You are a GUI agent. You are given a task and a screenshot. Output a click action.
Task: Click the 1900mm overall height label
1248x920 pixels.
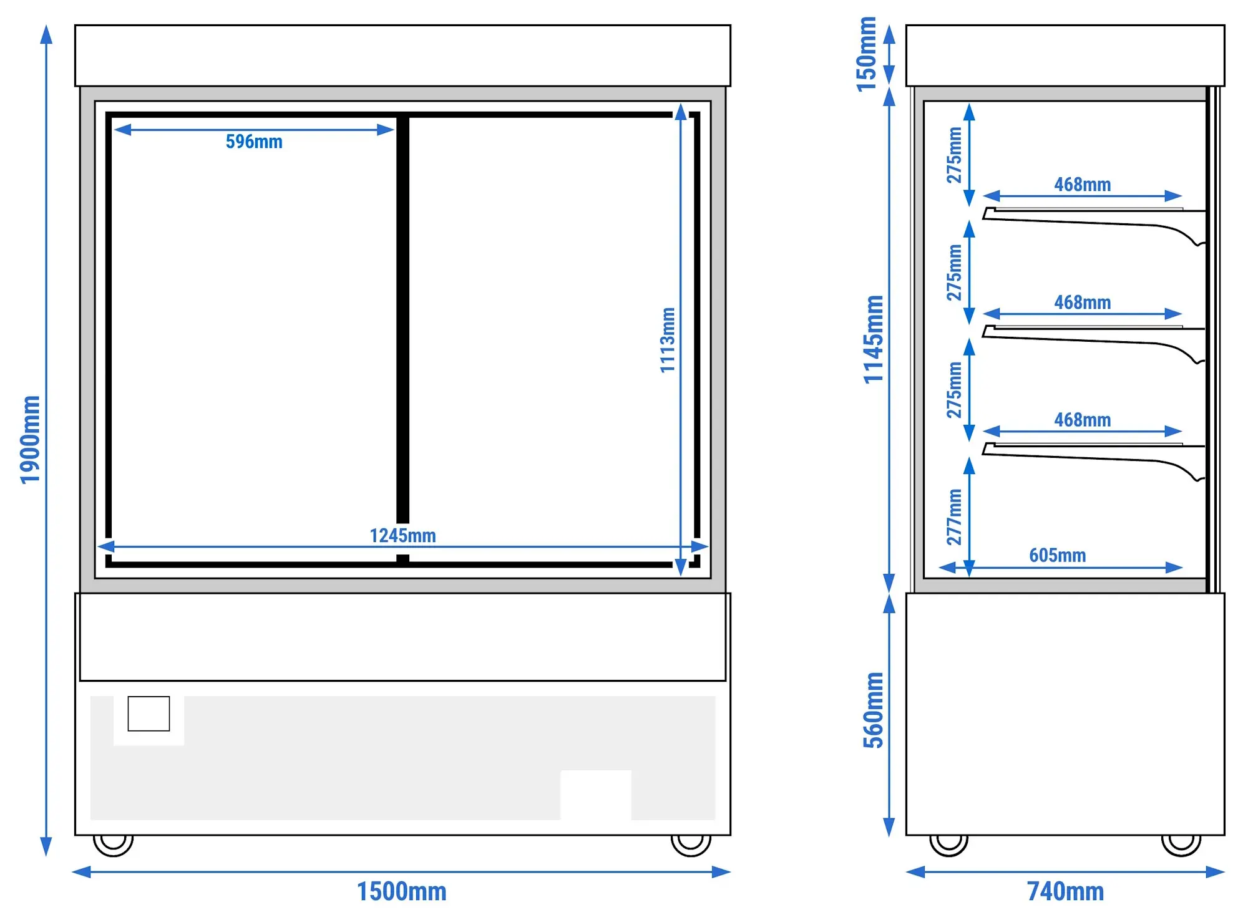tap(30, 440)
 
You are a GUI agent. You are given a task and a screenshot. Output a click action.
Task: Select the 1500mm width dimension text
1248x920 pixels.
tap(402, 891)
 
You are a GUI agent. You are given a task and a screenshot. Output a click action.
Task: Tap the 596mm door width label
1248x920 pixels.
tap(254, 142)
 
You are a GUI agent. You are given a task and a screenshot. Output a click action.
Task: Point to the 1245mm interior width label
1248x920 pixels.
tap(402, 535)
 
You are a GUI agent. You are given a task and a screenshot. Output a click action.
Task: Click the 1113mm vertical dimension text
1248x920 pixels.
tap(668, 340)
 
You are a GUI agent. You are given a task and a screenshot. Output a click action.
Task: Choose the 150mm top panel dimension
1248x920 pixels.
tap(866, 54)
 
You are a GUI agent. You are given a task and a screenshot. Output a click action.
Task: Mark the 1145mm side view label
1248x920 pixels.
tap(873, 339)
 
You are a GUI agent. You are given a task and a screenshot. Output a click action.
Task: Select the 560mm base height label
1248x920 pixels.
tap(873, 710)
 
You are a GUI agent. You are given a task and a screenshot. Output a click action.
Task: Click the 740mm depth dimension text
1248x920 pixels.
tap(1065, 891)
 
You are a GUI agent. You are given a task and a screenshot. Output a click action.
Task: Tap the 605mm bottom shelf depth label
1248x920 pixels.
tap(1057, 555)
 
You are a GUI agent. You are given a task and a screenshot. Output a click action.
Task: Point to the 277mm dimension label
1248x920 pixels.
tap(954, 517)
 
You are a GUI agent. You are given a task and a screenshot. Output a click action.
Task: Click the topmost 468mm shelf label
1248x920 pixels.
tap(1082, 185)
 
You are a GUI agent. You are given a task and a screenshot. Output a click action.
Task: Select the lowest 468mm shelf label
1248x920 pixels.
tap(1082, 420)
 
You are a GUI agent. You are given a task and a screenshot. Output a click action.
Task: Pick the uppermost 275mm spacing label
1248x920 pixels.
tap(954, 155)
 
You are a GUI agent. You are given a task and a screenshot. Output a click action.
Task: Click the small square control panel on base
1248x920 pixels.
tap(149, 714)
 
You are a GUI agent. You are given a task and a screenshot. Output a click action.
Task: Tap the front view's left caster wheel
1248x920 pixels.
tap(113, 845)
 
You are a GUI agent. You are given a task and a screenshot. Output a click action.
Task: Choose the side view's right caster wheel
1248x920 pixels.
tap(1181, 845)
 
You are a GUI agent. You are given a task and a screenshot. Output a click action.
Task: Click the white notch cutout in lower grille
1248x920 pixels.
tap(596, 795)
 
